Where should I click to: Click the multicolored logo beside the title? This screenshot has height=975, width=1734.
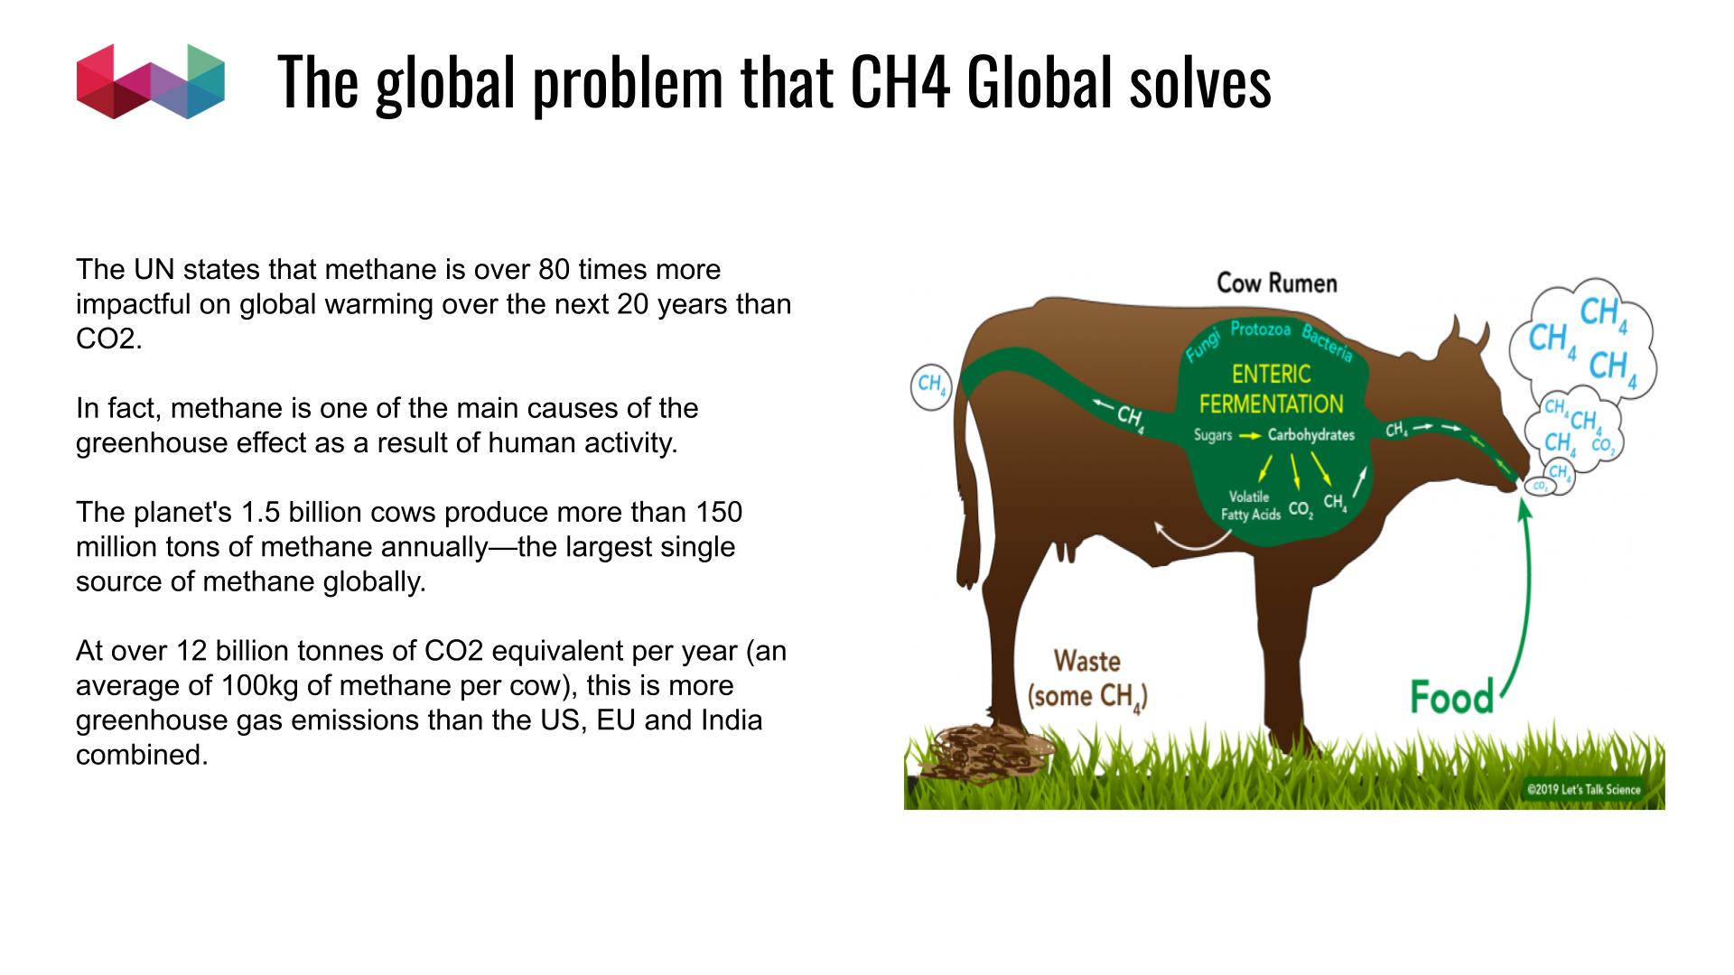tap(151, 81)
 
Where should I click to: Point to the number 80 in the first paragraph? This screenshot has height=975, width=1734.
tap(554, 269)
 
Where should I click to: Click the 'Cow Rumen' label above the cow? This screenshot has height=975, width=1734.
tap(1276, 283)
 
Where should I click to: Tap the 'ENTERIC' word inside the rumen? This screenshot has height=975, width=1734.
tap(1271, 374)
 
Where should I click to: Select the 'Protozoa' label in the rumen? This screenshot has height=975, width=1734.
tap(1261, 330)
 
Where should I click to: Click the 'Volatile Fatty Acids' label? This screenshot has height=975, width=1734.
tap(1251, 506)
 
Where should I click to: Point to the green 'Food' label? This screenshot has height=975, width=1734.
tap(1452, 698)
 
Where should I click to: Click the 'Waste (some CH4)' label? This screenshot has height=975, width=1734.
tap(1087, 679)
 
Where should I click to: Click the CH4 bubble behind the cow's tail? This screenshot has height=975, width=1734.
tap(930, 386)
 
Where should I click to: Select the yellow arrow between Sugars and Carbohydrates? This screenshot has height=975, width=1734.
tap(1250, 436)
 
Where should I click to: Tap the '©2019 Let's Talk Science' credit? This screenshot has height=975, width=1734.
tap(1583, 789)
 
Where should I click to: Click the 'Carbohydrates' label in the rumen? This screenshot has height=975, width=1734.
tap(1311, 435)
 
